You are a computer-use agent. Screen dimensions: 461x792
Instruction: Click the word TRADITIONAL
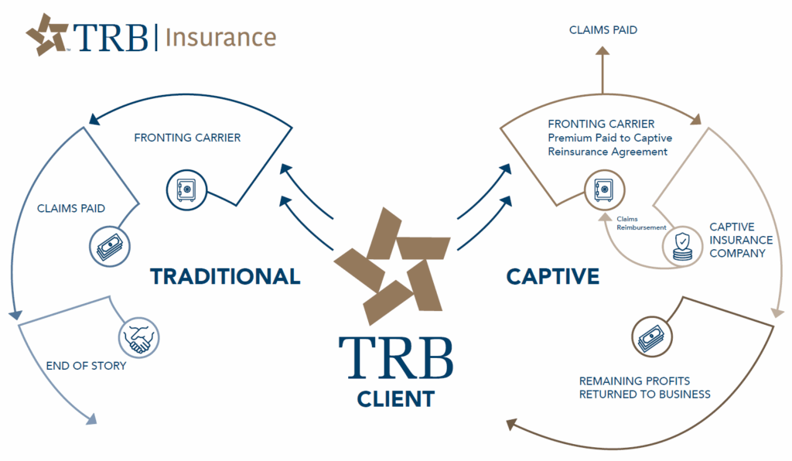[x=225, y=276]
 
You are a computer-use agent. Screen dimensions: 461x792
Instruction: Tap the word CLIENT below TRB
[x=395, y=399]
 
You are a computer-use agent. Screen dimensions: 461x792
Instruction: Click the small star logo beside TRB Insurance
[x=48, y=35]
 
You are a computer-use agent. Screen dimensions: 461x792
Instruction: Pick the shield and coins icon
[x=681, y=246]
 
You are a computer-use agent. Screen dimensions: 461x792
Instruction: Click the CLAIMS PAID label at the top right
[x=603, y=30]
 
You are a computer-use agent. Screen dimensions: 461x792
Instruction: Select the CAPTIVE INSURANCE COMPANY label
[x=738, y=241]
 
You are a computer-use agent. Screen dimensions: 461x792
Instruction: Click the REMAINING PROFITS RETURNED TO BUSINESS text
[x=645, y=388]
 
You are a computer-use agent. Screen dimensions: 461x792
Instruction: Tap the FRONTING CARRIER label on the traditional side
[x=187, y=138]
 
